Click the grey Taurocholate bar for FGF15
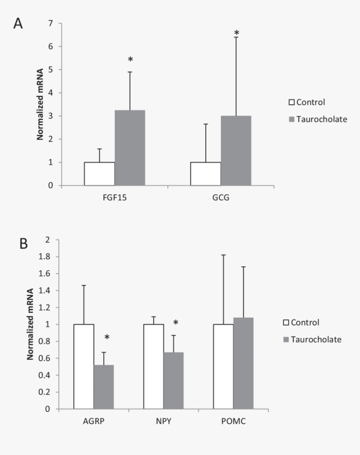[130, 148]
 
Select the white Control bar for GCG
[206, 174]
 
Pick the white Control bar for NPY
[153, 366]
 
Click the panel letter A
[18, 24]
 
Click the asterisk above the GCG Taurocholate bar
[237, 33]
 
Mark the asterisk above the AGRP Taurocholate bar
[107, 337]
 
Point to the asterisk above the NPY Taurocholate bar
[176, 323]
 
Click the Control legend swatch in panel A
[292, 102]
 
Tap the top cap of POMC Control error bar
[224, 255]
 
